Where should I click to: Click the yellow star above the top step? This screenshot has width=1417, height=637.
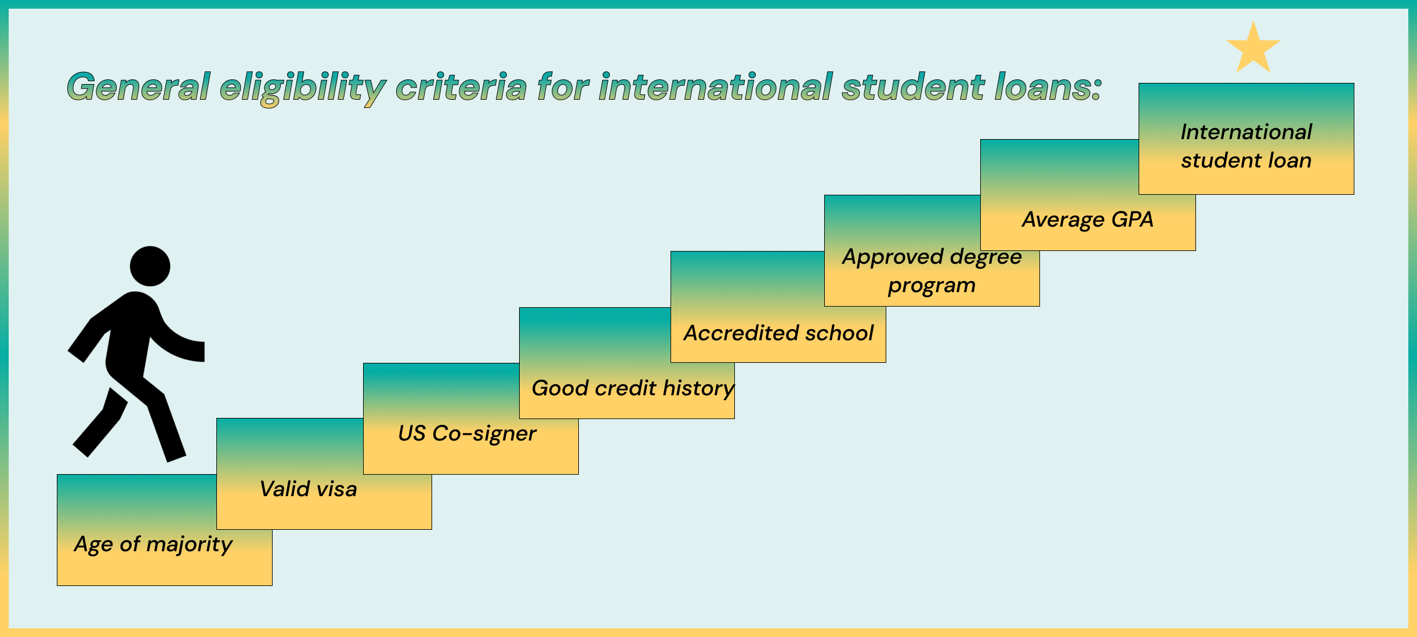pos(1253,49)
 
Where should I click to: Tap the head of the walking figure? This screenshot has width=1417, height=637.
pos(150,266)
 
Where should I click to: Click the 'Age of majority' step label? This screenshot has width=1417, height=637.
pos(154,545)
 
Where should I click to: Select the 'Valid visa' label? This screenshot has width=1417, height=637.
pos(308,489)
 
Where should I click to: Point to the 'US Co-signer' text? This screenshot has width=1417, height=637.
pos(467,434)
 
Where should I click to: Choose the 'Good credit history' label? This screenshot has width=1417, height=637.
pos(633,388)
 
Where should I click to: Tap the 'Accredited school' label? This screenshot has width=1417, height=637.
pos(778,333)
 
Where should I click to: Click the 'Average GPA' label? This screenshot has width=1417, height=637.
pos(1088,220)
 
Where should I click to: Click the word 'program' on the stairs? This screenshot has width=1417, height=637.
pos(932,286)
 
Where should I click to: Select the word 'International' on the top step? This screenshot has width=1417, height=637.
pos(1246,132)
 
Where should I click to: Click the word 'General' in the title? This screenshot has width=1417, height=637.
pos(138,87)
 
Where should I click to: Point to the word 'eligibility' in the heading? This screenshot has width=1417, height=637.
pos(303,89)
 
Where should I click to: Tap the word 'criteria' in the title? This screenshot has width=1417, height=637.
pos(461,87)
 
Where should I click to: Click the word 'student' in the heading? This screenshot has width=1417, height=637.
pos(913,87)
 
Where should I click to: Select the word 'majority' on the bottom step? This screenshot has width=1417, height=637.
pos(190,545)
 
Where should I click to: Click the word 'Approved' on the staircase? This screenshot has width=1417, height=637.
pos(893,257)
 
